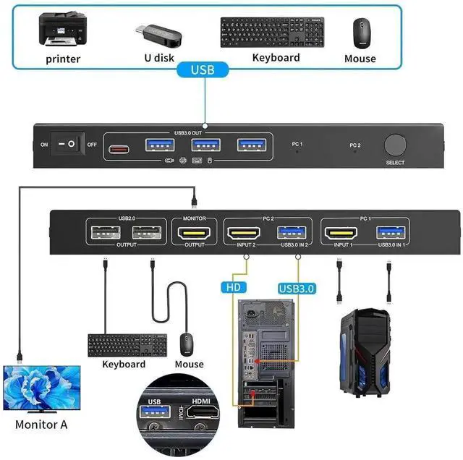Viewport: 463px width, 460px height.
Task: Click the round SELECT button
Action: point(395,145)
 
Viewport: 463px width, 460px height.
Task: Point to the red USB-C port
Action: point(119,150)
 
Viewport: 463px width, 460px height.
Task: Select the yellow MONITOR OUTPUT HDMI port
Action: point(195,234)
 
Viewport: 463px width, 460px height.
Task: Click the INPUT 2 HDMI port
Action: point(245,234)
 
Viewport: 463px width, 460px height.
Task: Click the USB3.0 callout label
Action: point(297,288)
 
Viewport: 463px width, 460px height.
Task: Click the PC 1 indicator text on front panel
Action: point(297,144)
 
